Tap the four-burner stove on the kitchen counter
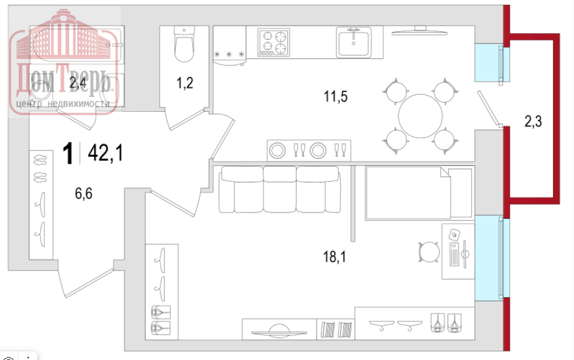point(273,42)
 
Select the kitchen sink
point(353,42)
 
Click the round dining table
point(421,116)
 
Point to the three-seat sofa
point(280,189)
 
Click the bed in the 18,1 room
point(419,194)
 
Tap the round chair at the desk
point(429,252)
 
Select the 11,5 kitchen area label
point(335,96)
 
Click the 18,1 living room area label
point(334,257)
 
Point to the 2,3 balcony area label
point(533,121)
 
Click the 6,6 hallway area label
point(83,193)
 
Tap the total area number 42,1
point(106,153)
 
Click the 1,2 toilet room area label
point(185,83)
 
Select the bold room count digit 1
point(68,154)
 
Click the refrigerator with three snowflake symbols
point(230,46)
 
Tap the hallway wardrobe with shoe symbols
point(41,205)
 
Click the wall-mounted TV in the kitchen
point(419,31)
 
